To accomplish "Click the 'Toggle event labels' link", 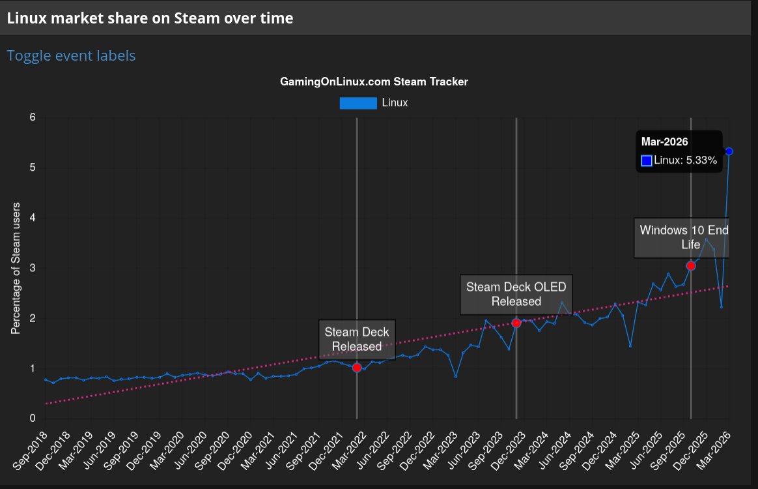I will coord(71,56).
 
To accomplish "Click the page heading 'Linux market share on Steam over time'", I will coord(150,18).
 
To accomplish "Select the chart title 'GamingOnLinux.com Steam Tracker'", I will coord(374,81).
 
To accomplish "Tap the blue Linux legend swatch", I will coord(358,102).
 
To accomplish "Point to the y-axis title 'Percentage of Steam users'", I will coord(16,268).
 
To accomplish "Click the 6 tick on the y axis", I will coord(32,117).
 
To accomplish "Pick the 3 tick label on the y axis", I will coord(32,268).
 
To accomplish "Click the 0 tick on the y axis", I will coord(32,419).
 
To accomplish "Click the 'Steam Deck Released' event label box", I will coord(357,339).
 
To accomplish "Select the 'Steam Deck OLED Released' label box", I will coord(516,294).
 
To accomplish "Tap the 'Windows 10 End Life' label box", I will coord(681,237).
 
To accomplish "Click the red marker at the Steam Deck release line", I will coord(357,368).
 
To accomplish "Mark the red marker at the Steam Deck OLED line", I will coord(516,323).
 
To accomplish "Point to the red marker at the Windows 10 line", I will coord(691,265).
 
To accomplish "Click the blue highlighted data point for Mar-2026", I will coord(729,151).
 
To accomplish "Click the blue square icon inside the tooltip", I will coord(647,160).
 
